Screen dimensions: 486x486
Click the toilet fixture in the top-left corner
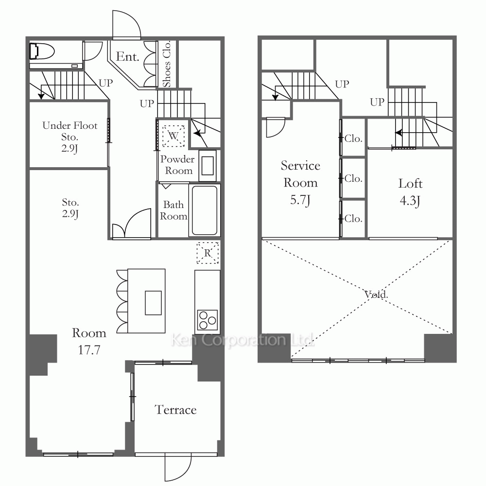42,51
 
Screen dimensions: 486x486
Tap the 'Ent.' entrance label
127,57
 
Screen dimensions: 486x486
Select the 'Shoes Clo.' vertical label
166,64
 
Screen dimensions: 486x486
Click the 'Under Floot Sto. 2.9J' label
69,137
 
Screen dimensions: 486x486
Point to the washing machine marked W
174,136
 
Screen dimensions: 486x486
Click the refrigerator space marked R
208,253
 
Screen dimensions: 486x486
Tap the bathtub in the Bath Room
205,210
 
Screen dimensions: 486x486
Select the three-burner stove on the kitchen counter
208,320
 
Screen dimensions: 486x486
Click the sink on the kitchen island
153,303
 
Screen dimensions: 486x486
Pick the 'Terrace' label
175,410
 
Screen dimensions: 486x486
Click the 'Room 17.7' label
89,341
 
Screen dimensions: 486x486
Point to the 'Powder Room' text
177,165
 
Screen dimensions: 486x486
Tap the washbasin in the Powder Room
208,166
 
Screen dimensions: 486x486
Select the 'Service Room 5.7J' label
300,183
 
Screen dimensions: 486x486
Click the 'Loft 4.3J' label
410,192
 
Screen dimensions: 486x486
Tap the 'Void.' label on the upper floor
376,294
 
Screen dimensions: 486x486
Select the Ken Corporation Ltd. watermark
242,340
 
